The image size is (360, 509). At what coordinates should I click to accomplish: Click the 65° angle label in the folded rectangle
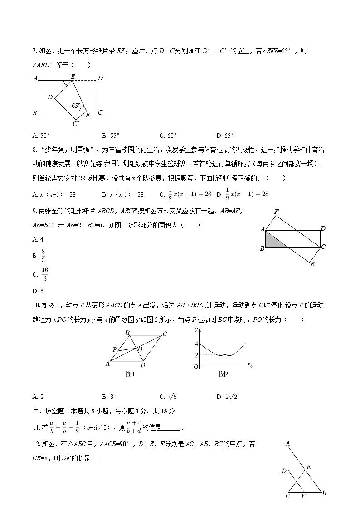pyautogui.click(x=76, y=106)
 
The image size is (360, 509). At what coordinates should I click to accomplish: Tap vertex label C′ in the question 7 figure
pyautogui.click(x=76, y=123)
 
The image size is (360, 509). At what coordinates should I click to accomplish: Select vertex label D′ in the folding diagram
pyautogui.click(x=51, y=97)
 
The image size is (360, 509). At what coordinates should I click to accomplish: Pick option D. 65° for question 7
pyautogui.click(x=225, y=136)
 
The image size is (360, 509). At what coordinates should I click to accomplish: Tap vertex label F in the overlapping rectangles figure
pyautogui.click(x=276, y=212)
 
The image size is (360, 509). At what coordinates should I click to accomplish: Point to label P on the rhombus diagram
pyautogui.click(x=115, y=349)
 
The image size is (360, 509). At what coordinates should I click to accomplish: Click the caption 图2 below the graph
pyautogui.click(x=223, y=374)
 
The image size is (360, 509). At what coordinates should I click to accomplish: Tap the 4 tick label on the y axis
pyautogui.click(x=196, y=344)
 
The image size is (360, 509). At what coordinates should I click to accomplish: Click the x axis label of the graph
pyautogui.click(x=251, y=366)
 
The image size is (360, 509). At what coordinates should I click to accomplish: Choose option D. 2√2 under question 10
pyautogui.click(x=227, y=397)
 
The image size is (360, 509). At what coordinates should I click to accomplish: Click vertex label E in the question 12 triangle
pyautogui.click(x=309, y=467)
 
